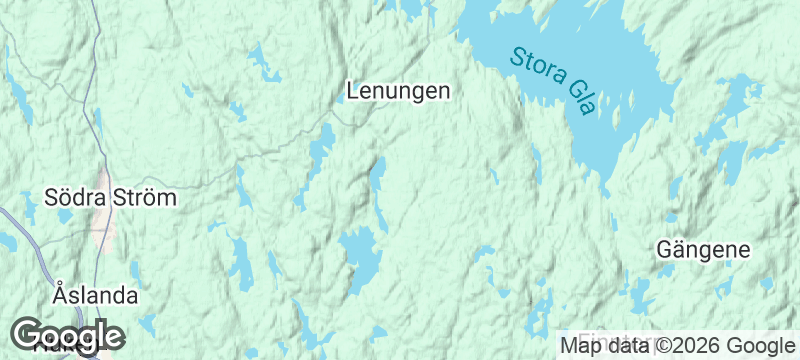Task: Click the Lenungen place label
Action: (398, 91)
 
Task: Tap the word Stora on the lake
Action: (536, 62)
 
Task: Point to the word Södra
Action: (74, 198)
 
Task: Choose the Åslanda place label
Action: (95, 296)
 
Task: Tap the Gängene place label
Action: (703, 248)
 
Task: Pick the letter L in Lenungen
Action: (353, 91)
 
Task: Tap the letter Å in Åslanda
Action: (60, 295)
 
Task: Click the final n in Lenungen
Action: (444, 91)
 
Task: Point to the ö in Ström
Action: (151, 198)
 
